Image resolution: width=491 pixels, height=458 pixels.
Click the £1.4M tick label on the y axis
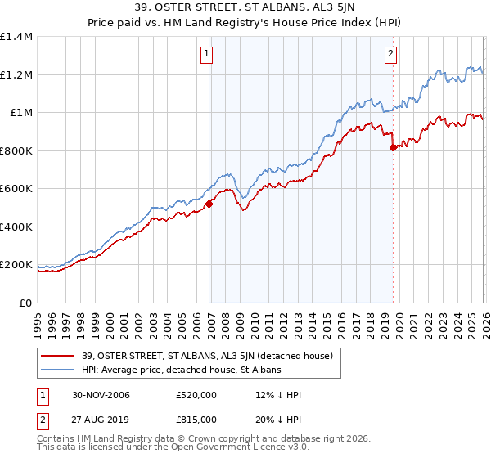(16, 37)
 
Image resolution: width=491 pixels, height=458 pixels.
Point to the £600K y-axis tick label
(16, 189)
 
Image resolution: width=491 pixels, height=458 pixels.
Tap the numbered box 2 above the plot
(390, 55)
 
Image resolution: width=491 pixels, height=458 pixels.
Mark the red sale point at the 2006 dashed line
(209, 204)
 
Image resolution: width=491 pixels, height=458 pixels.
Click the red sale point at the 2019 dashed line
(394, 148)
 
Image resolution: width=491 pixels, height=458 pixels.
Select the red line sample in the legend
(60, 357)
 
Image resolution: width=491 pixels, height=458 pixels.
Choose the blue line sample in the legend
(60, 370)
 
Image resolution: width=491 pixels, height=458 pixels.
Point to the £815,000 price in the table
(196, 419)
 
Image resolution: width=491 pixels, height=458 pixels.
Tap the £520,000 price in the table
(196, 396)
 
